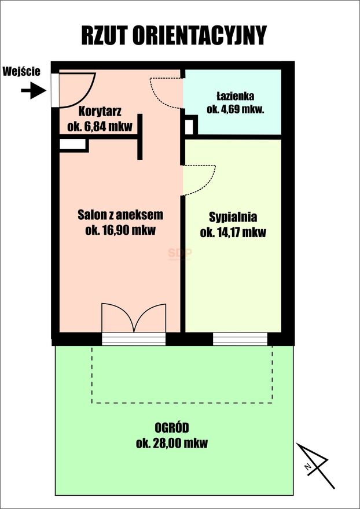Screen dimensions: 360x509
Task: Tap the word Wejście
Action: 21,71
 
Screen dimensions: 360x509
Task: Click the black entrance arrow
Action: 34,91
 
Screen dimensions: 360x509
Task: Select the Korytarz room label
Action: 100,112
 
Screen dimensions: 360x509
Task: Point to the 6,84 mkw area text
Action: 100,126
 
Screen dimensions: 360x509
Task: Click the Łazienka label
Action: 235,96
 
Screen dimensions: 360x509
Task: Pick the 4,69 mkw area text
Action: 235,109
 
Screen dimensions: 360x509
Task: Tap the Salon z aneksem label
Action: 120,215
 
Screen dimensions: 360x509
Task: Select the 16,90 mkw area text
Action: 120,230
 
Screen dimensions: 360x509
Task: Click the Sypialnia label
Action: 233,217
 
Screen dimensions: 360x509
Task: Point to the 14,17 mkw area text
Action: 233,233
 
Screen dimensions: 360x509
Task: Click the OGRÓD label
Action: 172,428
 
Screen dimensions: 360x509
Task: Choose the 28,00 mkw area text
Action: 172,443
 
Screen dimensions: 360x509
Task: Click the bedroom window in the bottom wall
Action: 240,339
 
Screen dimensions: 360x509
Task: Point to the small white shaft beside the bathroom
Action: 189,127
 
